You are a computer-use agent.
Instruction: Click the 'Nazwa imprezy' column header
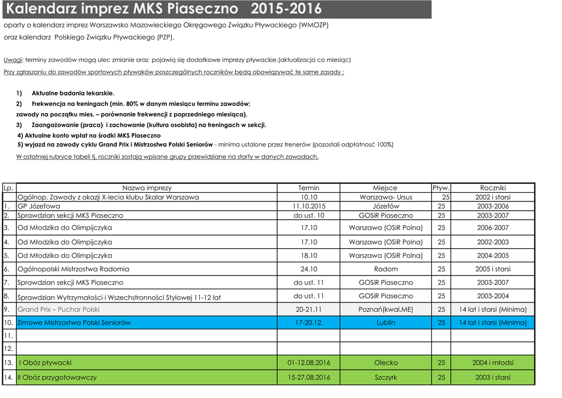click(x=147, y=188)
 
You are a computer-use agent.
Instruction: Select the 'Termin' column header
click(x=308, y=188)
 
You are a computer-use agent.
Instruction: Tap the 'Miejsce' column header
click(x=385, y=188)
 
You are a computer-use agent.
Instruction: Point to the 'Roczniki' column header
click(x=492, y=188)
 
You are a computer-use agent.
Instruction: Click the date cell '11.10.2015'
click(x=308, y=206)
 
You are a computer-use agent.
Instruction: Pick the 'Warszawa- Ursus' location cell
click(x=385, y=197)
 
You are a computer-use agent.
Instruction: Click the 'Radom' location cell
click(x=385, y=269)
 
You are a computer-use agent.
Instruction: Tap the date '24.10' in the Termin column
click(x=308, y=269)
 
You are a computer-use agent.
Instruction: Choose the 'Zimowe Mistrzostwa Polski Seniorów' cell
click(x=74, y=323)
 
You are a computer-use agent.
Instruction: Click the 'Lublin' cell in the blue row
click(x=385, y=323)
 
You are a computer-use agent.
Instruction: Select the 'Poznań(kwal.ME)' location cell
click(x=385, y=310)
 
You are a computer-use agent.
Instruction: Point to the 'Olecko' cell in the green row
click(x=385, y=363)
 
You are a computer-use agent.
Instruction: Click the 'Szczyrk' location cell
click(x=385, y=378)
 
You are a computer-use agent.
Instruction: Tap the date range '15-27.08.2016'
click(x=308, y=378)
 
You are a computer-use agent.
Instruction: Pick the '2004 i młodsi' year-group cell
click(x=492, y=363)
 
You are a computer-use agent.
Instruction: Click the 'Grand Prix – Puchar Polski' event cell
click(x=59, y=310)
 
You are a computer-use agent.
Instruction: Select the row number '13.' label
click(x=8, y=363)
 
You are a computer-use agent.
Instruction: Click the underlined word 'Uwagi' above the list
click(x=13, y=60)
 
